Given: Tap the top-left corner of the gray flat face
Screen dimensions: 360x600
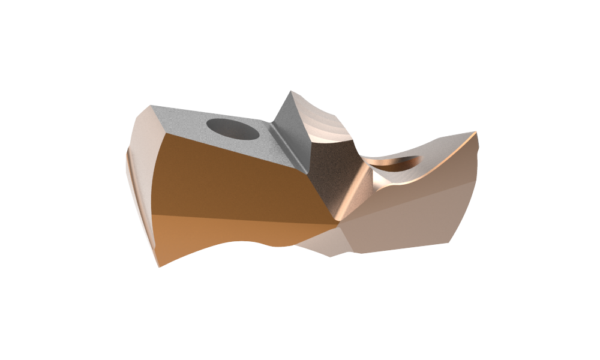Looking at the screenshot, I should (152, 107).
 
